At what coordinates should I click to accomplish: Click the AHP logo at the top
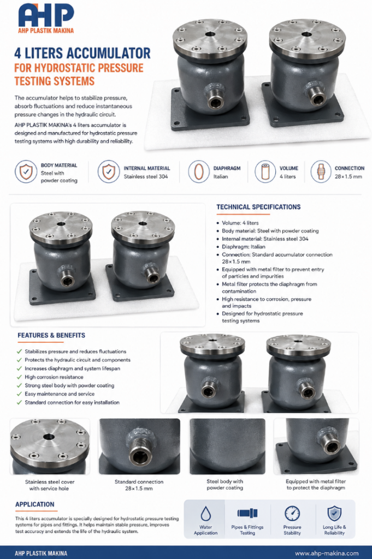point(46,18)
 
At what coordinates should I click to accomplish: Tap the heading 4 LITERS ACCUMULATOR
point(82,53)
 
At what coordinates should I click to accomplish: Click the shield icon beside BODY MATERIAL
point(26,171)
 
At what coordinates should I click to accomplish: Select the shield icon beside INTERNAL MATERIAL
point(109,171)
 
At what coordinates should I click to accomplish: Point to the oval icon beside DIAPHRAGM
point(199,171)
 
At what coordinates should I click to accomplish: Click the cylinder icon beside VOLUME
point(265,171)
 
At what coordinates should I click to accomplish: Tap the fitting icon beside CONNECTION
point(321,171)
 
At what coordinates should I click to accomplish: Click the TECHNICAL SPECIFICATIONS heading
point(258,207)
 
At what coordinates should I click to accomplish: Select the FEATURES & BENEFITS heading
point(51,336)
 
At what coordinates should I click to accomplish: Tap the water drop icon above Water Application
point(205,514)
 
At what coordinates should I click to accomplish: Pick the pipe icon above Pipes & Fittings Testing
point(247,513)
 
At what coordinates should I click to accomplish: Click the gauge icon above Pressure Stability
point(292,514)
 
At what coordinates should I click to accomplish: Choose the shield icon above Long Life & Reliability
point(334,513)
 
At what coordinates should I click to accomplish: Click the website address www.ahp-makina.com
point(327,554)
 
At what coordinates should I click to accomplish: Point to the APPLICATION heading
point(34,504)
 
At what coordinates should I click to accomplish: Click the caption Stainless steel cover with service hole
point(50,485)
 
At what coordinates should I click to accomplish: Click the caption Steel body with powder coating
point(225,485)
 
